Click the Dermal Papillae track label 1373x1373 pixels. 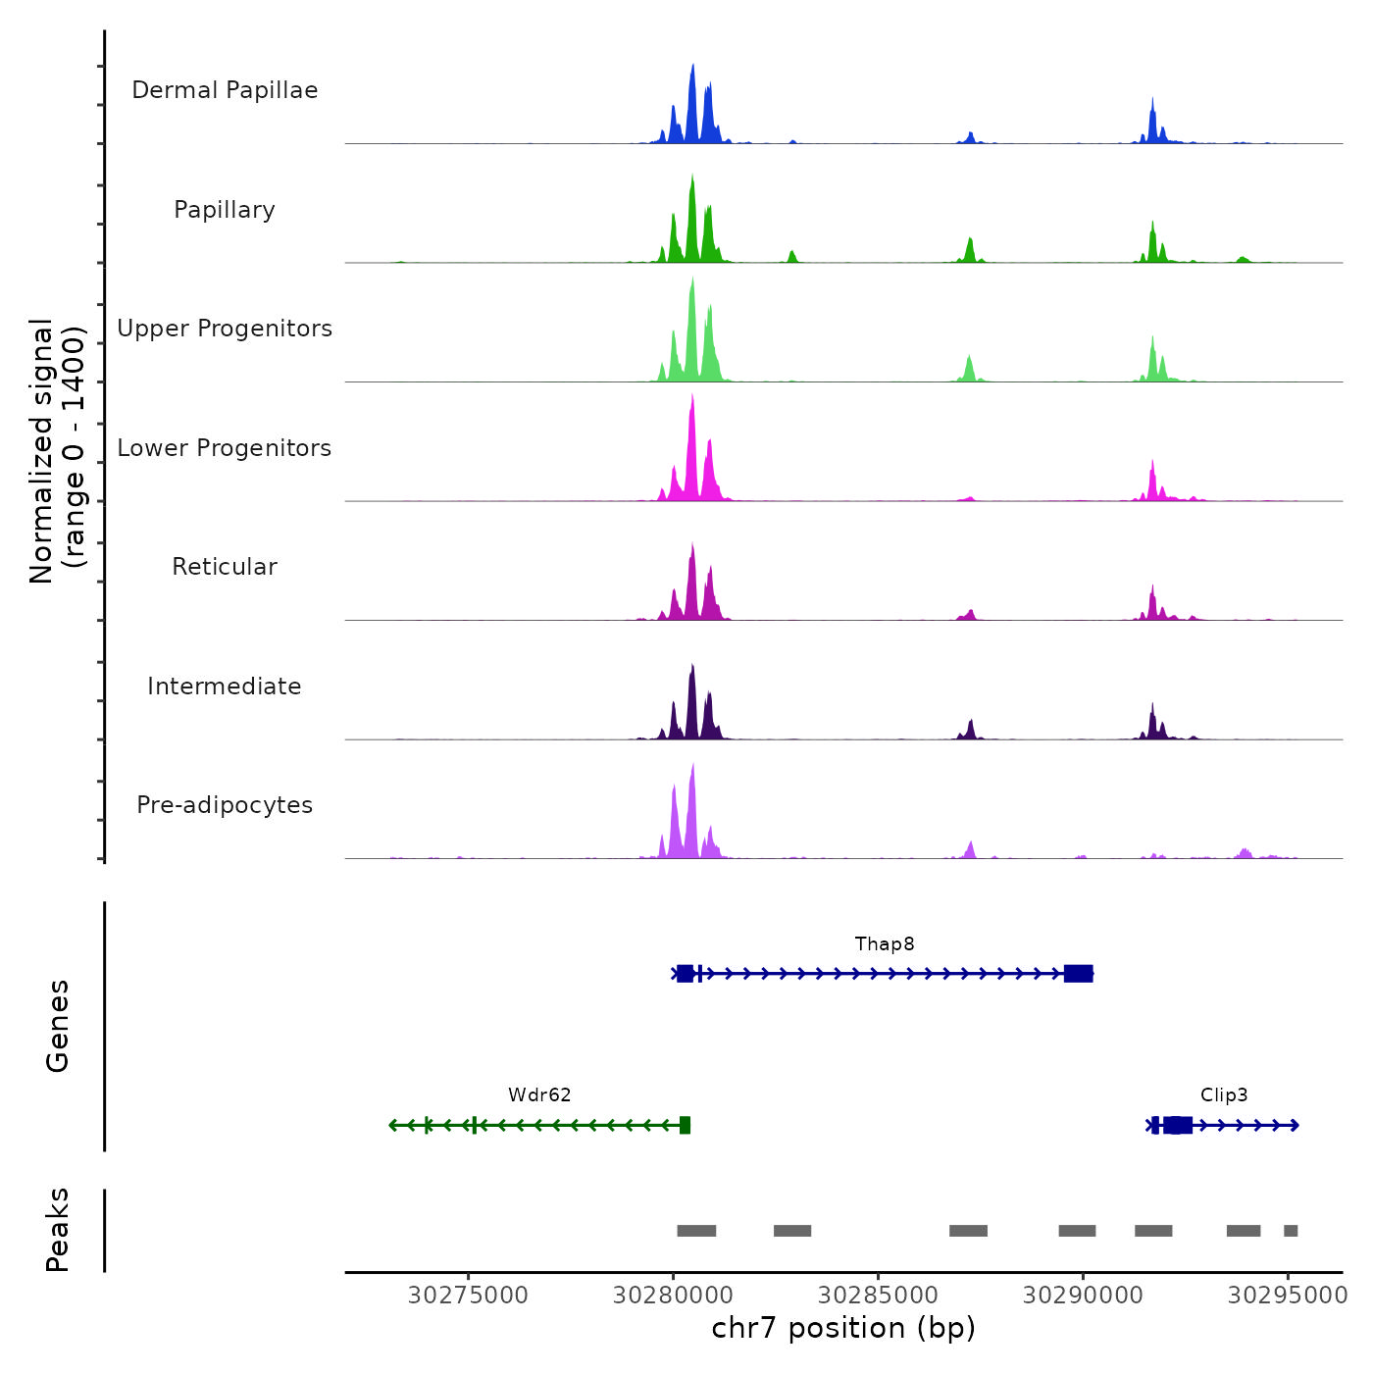click(x=225, y=90)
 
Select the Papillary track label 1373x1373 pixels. click(x=225, y=210)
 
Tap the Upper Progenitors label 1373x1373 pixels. click(x=225, y=329)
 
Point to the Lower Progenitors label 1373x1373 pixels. click(x=225, y=448)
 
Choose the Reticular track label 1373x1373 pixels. click(x=225, y=567)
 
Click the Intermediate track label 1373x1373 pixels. click(x=225, y=686)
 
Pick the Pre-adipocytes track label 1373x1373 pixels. click(x=225, y=805)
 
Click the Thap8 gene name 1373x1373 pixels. click(x=885, y=944)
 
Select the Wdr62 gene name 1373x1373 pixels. click(x=539, y=1095)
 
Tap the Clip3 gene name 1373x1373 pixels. click(x=1224, y=1095)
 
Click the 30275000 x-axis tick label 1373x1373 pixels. click(x=468, y=1296)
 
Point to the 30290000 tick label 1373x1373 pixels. click(x=1083, y=1296)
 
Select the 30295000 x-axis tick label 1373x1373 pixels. click(x=1288, y=1296)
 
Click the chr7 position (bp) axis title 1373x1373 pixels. click(x=843, y=1328)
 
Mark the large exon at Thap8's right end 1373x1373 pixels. click(x=1079, y=973)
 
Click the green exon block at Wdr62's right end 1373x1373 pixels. click(x=685, y=1125)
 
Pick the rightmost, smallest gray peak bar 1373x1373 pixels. click(x=1291, y=1231)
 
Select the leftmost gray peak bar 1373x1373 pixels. click(x=696, y=1231)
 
